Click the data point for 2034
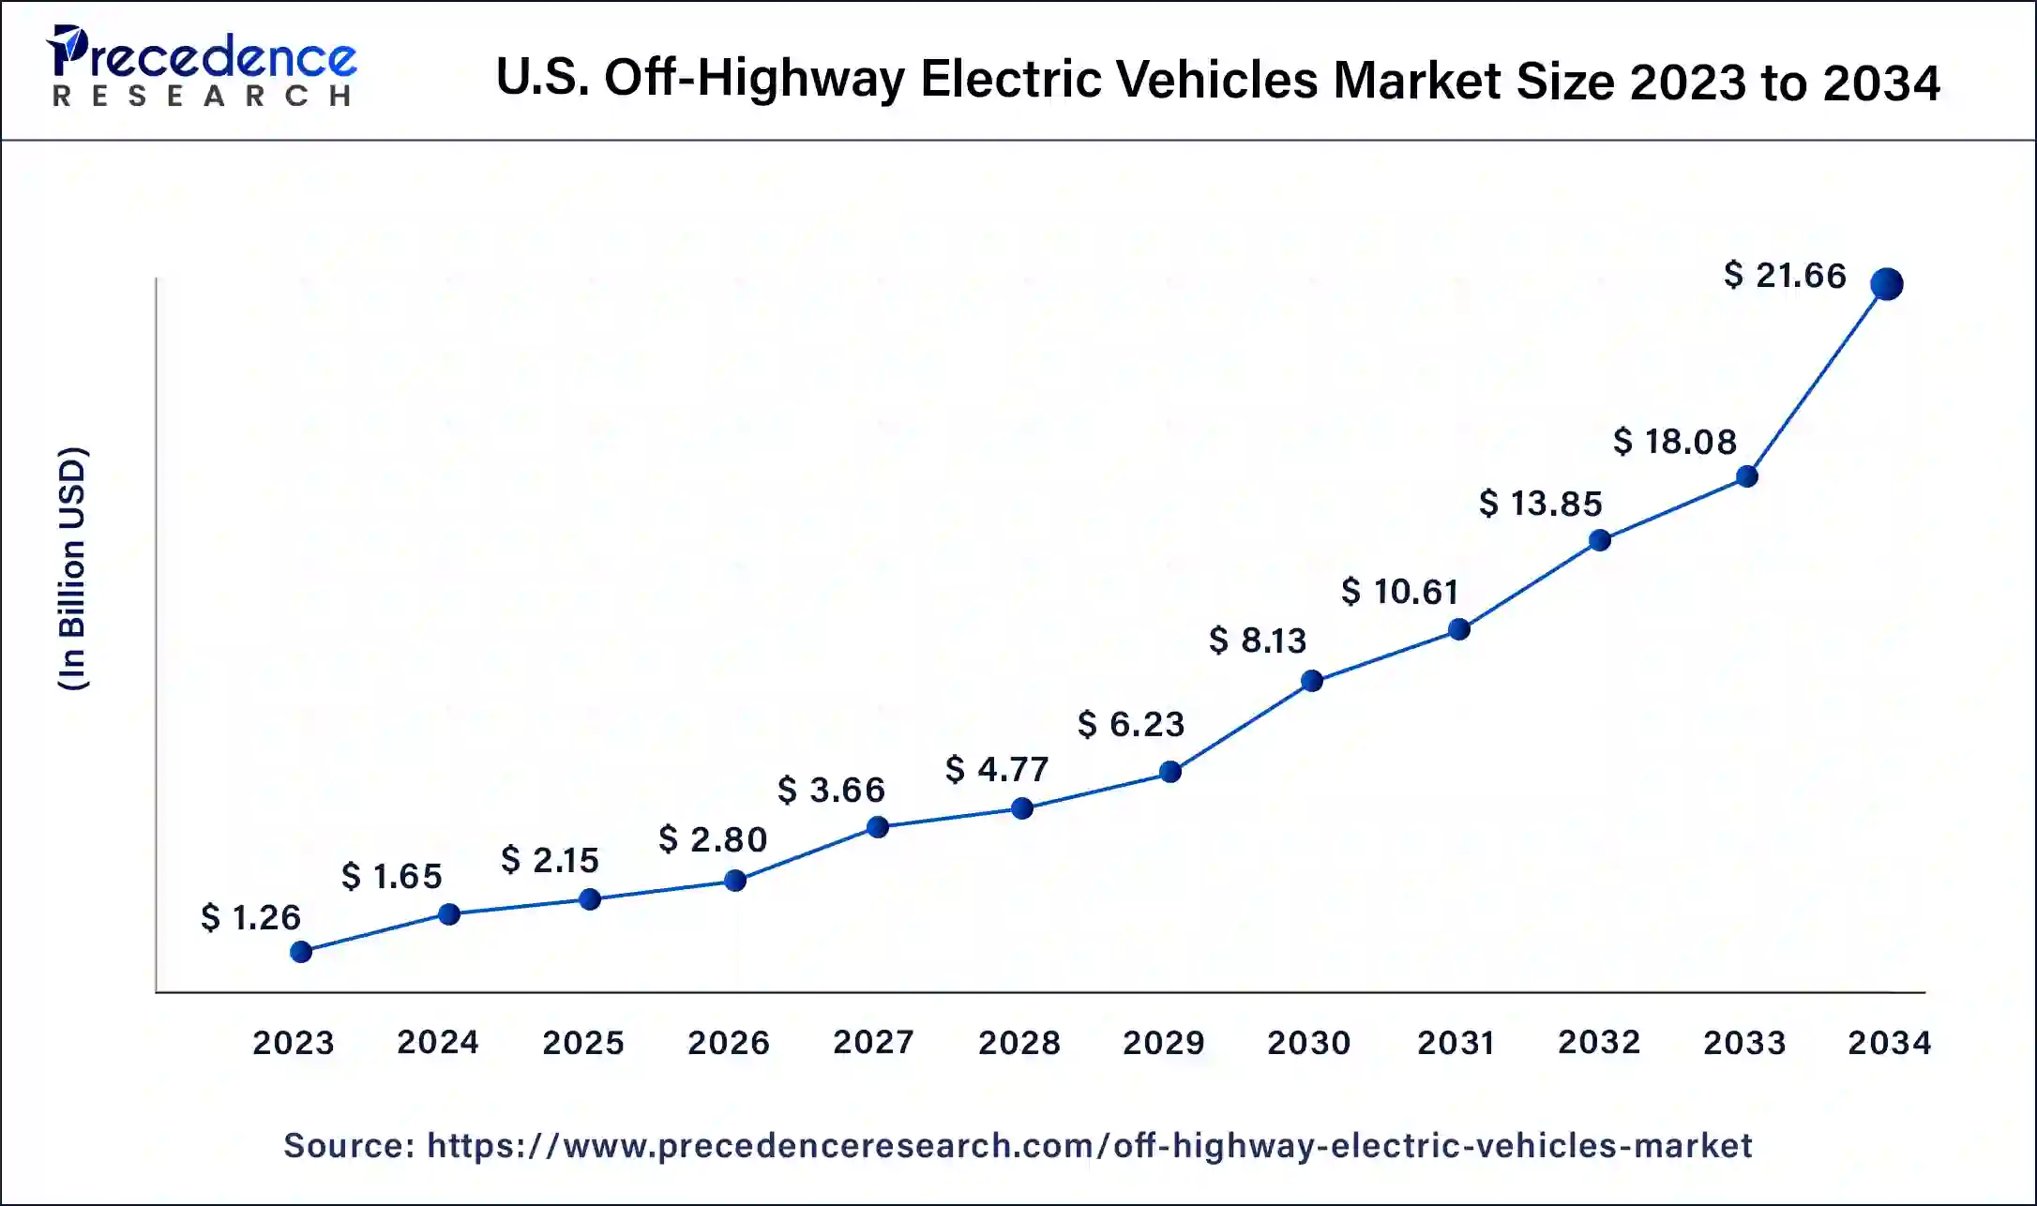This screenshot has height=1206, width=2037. pos(1886,283)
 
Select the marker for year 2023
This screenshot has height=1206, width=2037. pos(301,952)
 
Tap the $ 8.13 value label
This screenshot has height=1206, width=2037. pos(1258,641)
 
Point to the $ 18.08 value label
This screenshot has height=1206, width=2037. pos(1675,442)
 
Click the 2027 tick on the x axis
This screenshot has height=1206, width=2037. pos(873,1042)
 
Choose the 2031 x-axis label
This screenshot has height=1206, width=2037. pos(1456,1042)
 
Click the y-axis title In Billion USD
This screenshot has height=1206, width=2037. pos(72,569)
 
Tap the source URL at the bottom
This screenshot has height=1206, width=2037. pos(1089,1146)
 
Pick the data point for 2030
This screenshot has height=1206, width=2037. pos(1312,681)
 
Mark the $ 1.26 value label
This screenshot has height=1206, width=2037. pos(250,917)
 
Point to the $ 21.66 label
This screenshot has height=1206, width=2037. pos(1785,276)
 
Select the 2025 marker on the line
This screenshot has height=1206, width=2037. pos(590,899)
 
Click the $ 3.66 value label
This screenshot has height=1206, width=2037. pos(831,790)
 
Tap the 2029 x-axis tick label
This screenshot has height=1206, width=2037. pos(1163,1042)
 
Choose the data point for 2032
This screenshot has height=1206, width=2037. pos(1600,540)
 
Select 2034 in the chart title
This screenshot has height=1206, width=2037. pos(1881,82)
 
